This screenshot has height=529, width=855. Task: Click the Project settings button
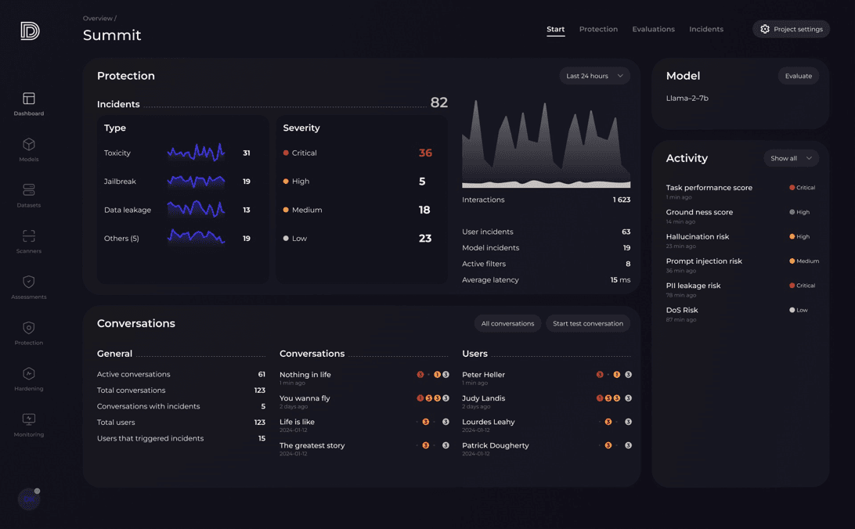tap(791, 29)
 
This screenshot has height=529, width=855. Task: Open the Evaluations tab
tap(653, 29)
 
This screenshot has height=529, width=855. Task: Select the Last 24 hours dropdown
tap(594, 76)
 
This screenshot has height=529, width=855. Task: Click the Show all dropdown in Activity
tap(791, 158)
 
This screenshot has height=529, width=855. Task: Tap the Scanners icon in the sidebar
tap(29, 236)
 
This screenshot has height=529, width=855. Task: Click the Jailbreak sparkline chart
tap(196, 182)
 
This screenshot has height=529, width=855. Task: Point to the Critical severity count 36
tap(425, 153)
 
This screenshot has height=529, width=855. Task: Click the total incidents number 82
tap(438, 103)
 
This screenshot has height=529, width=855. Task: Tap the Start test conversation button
tap(587, 323)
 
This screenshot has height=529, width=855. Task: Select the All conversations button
tap(507, 323)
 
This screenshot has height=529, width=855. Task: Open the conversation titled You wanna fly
tap(305, 398)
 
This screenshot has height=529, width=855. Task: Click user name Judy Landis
tap(483, 398)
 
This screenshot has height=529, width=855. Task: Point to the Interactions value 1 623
tap(621, 200)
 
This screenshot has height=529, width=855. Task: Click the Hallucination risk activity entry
tap(697, 236)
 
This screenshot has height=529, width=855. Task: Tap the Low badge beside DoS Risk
tap(799, 310)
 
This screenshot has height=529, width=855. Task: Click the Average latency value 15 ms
tap(620, 279)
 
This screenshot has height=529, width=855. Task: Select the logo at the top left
tap(30, 31)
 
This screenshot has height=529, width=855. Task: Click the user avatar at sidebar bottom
tap(29, 498)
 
